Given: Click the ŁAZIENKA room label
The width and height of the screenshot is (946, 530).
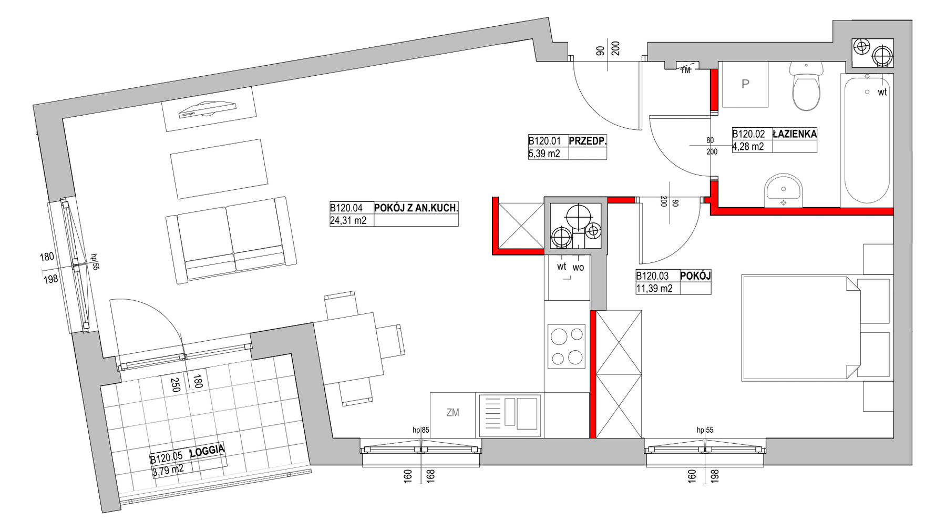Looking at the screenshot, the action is [795, 134].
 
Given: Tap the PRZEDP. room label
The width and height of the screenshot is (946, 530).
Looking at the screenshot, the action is [588, 141].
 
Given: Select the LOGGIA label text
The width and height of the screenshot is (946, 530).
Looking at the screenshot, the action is [207, 451].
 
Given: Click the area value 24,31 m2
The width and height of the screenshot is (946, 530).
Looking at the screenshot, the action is [348, 221].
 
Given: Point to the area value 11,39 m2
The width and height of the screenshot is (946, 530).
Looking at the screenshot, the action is [654, 288].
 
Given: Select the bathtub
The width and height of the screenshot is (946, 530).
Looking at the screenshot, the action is [867, 139].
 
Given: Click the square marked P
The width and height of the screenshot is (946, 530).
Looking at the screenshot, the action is [745, 84].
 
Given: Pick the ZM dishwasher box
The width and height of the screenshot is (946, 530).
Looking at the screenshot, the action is [453, 415].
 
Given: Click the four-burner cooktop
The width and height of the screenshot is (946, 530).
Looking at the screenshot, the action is [567, 346].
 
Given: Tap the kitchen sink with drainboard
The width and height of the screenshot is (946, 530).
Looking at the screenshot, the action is [510, 415].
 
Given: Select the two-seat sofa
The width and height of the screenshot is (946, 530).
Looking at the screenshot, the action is [231, 240].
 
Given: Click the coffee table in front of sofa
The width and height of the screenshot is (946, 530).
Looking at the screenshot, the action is [219, 169].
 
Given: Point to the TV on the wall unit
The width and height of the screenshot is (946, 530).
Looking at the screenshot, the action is [208, 109].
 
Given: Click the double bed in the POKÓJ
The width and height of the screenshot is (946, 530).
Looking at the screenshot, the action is [801, 327].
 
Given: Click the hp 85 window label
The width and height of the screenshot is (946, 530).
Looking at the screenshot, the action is [421, 430].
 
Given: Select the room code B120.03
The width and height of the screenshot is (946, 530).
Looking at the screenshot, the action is [653, 276].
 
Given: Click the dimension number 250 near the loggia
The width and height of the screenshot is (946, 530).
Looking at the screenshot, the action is [176, 385].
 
